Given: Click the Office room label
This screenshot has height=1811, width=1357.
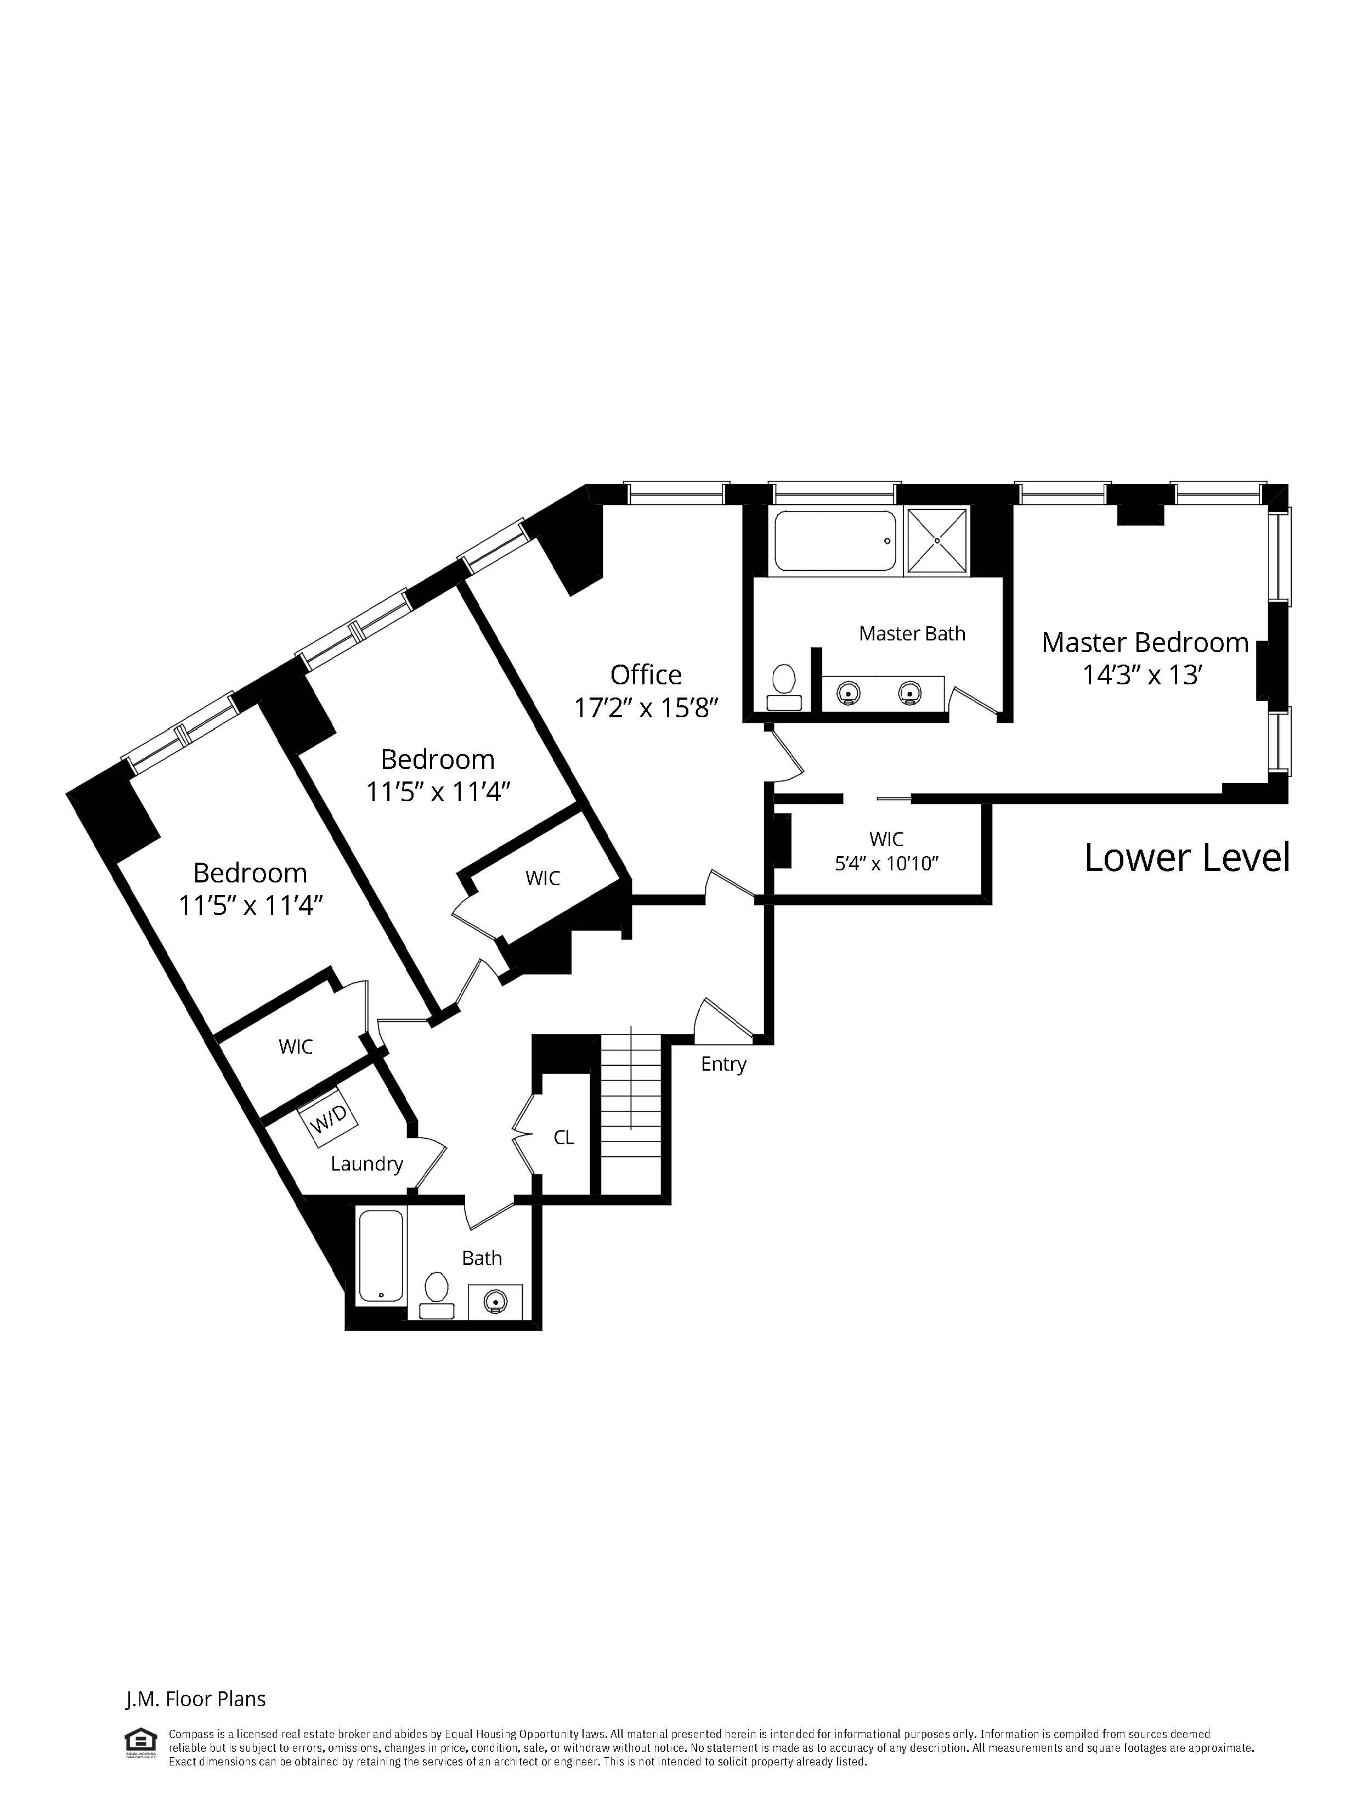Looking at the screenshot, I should pos(645,674).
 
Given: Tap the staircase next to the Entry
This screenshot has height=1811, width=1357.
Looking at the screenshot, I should pos(630,1113).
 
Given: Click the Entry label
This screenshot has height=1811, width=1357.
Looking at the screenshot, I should pos(723,1064).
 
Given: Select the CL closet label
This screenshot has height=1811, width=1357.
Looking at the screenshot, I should pos(564,1137).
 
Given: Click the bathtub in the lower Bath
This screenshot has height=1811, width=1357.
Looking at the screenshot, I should pos(381,1255).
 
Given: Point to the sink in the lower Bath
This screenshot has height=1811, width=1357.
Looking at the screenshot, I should pos(494,1301).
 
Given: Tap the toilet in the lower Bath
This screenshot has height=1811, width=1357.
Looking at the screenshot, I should pos(436,1293).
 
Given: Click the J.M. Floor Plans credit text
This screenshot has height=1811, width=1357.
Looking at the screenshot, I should pos(196,1700).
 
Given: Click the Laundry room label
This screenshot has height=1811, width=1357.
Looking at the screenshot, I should pos(366,1163).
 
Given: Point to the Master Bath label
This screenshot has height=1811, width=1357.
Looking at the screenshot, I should pos(912,634).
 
